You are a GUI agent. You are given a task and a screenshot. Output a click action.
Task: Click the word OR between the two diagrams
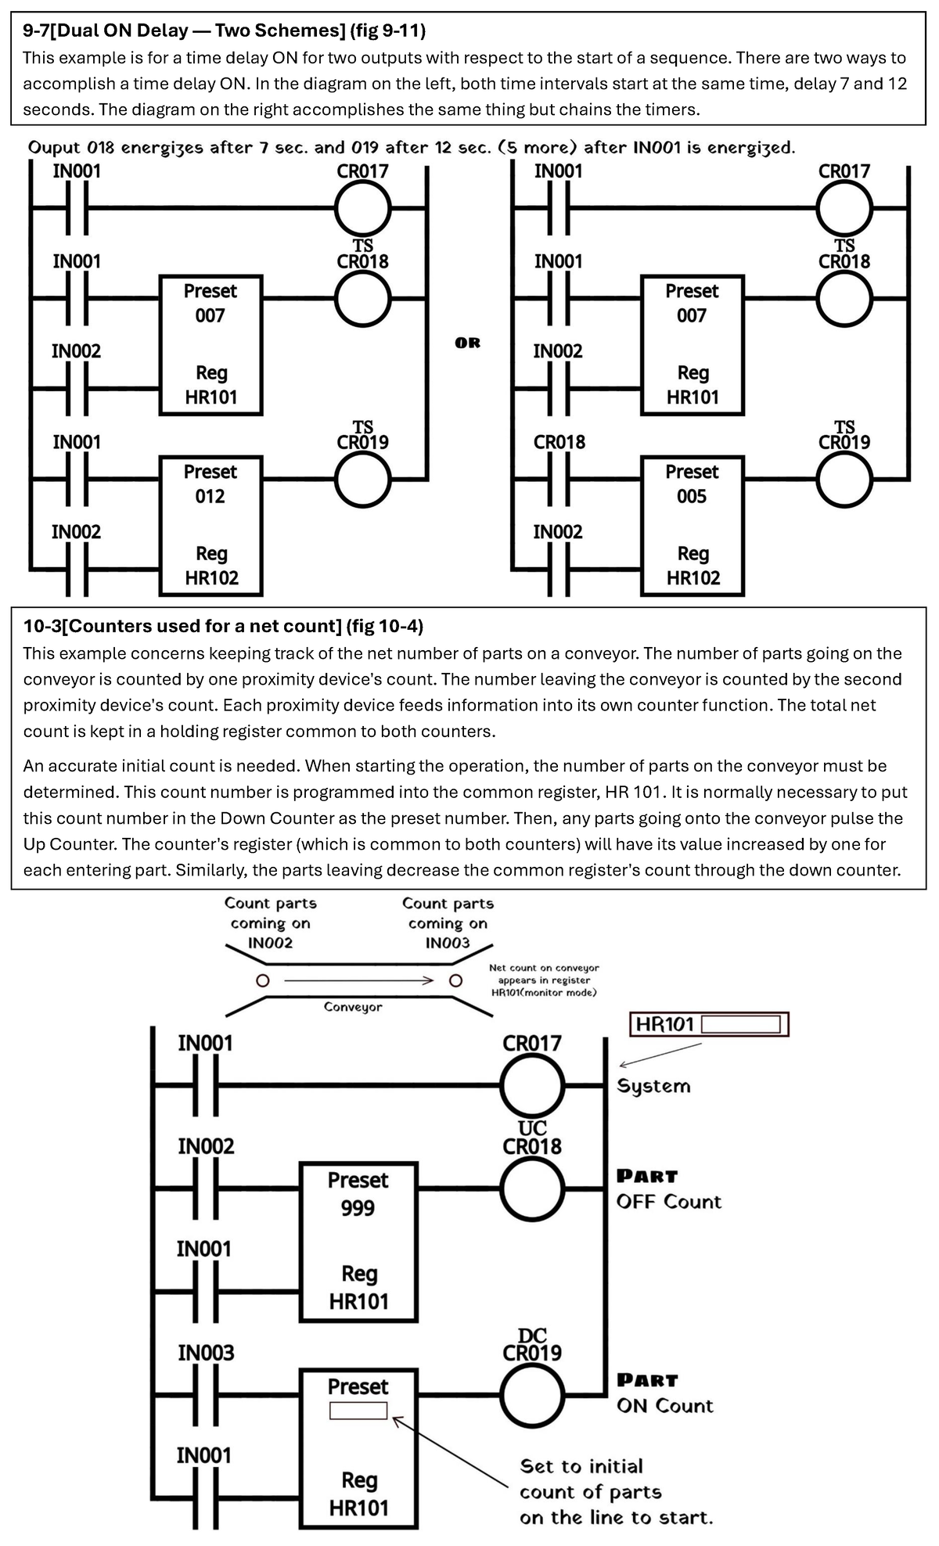coord(467,343)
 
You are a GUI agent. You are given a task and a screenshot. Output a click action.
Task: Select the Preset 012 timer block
coord(210,525)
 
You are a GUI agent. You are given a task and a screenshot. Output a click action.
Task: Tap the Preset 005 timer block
coord(692,525)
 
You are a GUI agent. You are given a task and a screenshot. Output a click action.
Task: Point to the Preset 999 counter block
coord(358,1241)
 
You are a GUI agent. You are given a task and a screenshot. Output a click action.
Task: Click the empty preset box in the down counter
coord(358,1410)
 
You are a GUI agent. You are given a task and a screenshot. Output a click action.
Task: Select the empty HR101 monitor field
coord(741,1024)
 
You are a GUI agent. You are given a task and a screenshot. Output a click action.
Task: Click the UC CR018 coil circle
coord(532,1188)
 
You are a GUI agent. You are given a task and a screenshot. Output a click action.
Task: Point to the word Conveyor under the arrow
coord(353,1007)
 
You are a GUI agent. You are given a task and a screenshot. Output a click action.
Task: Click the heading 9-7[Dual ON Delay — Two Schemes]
coord(224,31)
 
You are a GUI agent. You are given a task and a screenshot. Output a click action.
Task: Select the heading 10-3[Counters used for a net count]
coord(223,626)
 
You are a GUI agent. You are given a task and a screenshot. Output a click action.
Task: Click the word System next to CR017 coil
coord(653,1086)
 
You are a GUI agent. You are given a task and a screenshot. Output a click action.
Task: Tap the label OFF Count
coord(668,1202)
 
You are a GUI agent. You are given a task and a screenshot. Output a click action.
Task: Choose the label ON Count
coord(664,1406)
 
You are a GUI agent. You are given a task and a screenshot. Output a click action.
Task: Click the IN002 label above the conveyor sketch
coord(270,943)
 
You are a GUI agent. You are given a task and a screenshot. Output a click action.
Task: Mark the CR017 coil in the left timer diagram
coord(363,209)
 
